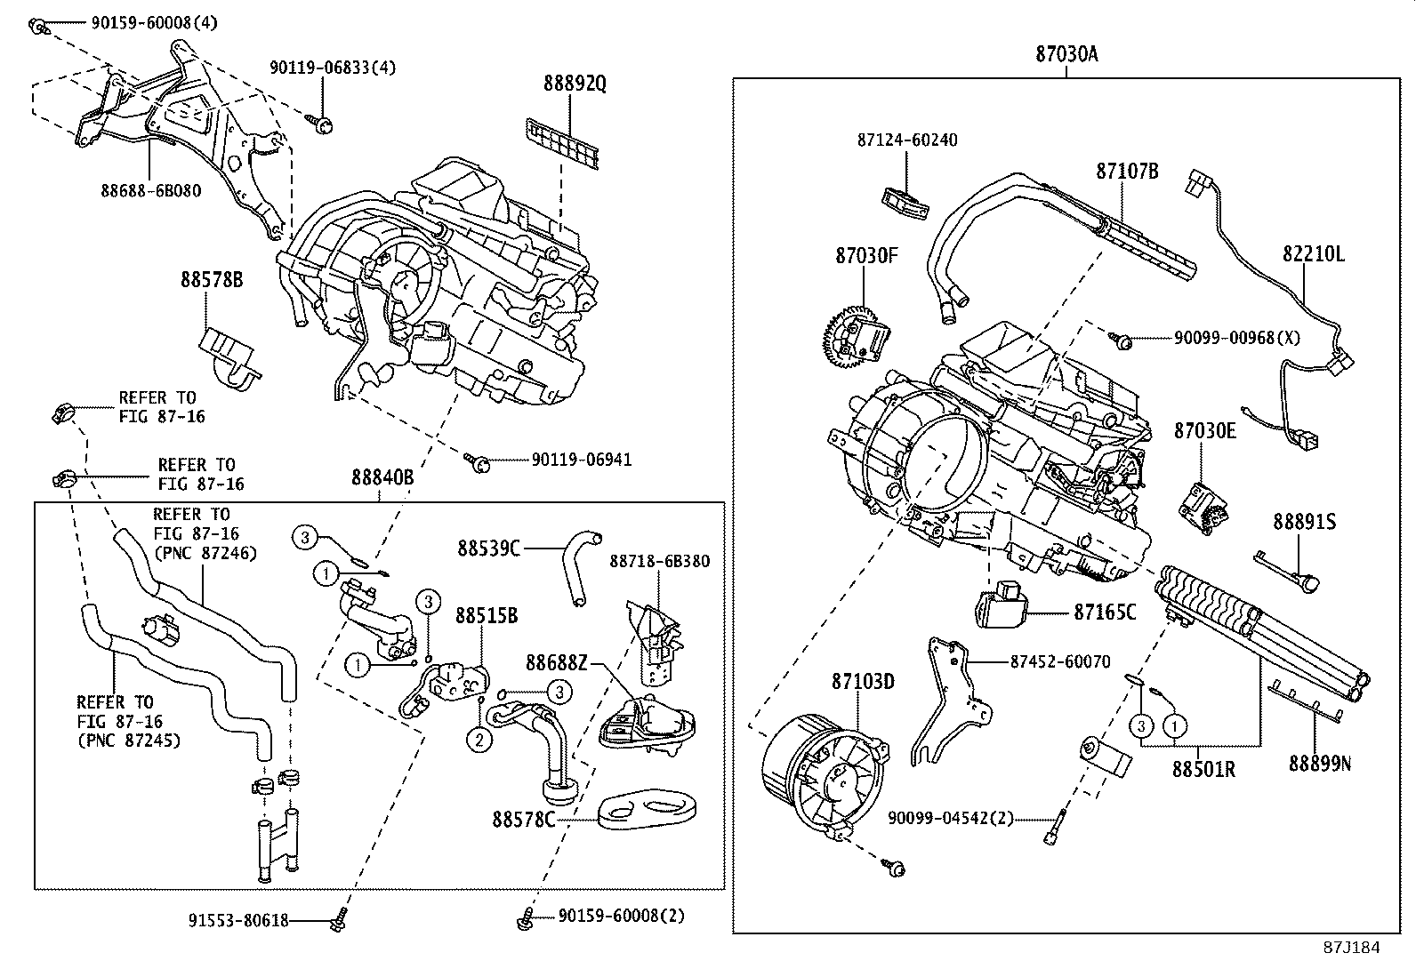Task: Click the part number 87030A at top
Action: (x=1066, y=54)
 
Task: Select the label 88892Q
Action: (x=575, y=84)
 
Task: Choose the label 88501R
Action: (x=1203, y=769)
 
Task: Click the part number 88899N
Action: (x=1320, y=763)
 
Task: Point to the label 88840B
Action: (x=382, y=477)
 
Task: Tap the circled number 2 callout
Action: (x=479, y=739)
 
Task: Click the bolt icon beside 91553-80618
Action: (x=338, y=922)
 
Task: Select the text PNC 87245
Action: (x=129, y=740)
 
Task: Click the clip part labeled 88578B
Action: (x=229, y=356)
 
